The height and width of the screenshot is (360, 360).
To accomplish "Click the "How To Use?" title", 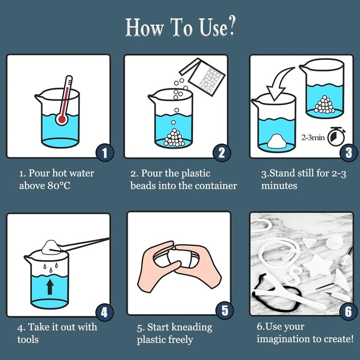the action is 180,27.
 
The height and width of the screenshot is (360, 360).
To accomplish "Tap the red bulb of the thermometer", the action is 62,119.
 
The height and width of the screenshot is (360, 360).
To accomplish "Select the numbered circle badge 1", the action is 105,153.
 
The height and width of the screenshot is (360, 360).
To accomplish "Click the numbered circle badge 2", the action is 222,153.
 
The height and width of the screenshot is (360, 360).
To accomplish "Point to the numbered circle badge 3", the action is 348,153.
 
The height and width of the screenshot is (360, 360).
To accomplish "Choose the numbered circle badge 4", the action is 104,312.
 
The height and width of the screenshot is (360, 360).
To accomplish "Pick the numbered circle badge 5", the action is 225,310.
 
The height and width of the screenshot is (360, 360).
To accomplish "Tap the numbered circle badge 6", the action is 348,311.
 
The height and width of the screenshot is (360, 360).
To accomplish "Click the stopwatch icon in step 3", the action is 336,137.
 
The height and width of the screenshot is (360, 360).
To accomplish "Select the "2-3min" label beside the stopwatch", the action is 313,138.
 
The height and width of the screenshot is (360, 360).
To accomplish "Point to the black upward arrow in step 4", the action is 50,287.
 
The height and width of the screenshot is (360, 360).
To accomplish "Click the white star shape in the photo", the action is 317,265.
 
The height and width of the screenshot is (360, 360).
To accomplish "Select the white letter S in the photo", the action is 292,276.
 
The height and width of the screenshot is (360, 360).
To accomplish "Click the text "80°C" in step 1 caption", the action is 59,185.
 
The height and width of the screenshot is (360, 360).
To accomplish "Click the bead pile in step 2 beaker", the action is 175,138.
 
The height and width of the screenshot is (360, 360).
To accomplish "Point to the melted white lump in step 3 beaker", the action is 277,141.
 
